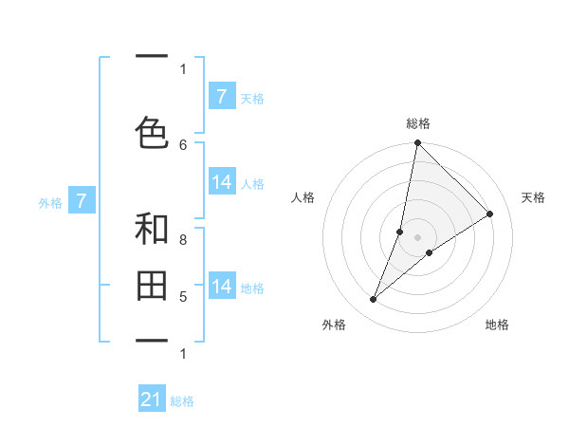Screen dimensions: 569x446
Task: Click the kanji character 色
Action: click(151, 132)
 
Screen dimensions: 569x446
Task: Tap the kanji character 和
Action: click(151, 229)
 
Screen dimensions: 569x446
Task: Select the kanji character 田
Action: click(151, 285)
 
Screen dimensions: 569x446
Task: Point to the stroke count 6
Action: click(183, 144)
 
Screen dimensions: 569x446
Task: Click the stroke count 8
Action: click(183, 240)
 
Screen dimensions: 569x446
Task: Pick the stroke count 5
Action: click(183, 297)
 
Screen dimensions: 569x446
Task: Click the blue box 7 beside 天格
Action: click(221, 97)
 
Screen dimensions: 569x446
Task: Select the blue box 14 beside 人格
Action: click(222, 183)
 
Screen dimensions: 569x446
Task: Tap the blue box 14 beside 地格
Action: click(222, 287)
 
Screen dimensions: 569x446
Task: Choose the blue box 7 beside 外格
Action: click(82, 201)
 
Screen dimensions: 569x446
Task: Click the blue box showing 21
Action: click(151, 400)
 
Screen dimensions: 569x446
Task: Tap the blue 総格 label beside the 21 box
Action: click(182, 401)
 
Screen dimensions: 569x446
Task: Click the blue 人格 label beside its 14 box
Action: click(252, 184)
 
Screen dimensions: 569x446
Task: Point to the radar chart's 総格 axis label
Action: click(417, 123)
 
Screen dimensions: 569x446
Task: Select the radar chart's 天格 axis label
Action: click(533, 197)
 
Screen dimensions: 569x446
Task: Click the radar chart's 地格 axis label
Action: click(497, 325)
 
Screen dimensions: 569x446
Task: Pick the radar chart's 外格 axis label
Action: click(334, 325)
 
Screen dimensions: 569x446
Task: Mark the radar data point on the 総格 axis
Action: click(417, 143)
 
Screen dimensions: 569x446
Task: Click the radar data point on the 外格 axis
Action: click(374, 300)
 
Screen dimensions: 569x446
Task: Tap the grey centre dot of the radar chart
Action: click(417, 236)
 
